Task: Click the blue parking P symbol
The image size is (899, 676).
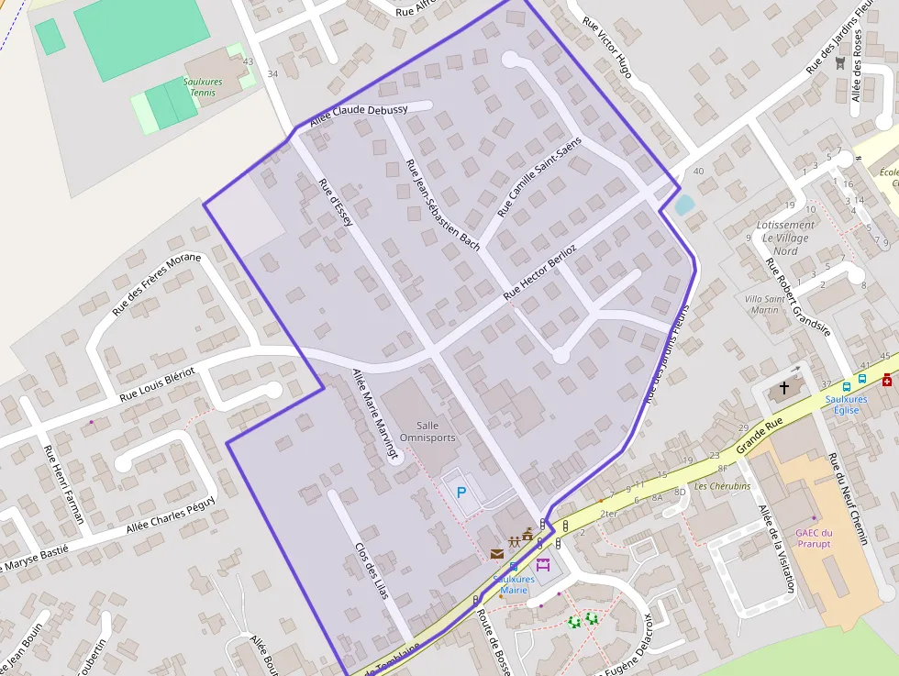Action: click(461, 493)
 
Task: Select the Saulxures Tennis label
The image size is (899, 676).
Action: click(202, 87)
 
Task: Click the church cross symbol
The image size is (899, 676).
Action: click(784, 388)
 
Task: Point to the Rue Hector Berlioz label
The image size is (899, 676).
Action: click(539, 273)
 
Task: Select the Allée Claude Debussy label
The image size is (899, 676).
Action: click(359, 115)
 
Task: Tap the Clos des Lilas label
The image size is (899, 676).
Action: click(372, 571)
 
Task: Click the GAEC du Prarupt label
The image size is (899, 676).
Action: click(814, 538)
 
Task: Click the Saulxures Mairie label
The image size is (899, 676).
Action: click(514, 584)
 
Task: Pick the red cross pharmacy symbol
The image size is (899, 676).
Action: click(887, 380)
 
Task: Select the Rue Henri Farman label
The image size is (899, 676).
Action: click(63, 484)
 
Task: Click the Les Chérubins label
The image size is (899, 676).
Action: click(722, 486)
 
